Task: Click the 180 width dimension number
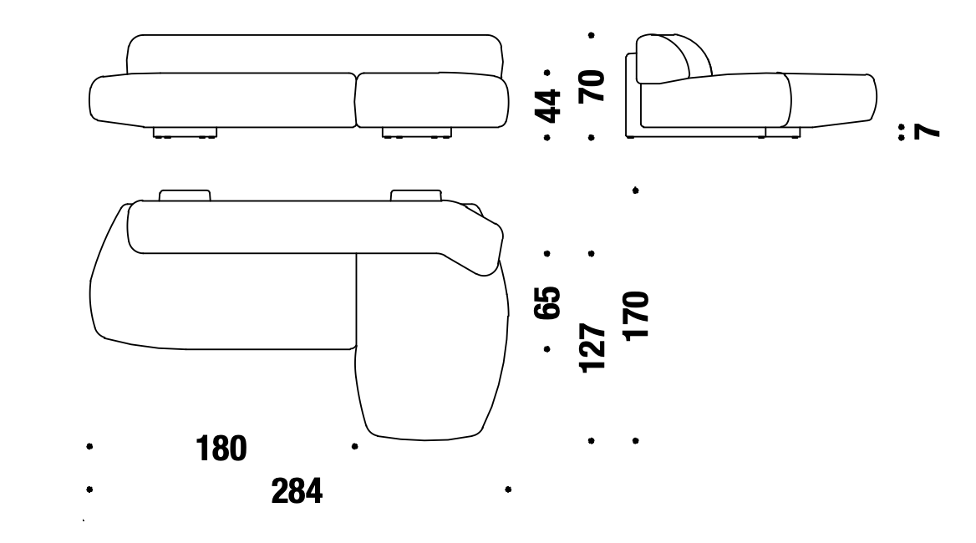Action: [221, 448]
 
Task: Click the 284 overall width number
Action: [297, 490]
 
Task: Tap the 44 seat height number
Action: [548, 106]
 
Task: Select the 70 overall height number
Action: [592, 86]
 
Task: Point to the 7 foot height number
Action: [926, 131]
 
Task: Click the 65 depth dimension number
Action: [547, 303]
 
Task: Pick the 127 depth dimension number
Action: [592, 348]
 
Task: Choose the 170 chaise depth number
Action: [636, 315]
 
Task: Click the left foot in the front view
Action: [185, 133]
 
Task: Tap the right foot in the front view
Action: [416, 133]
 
